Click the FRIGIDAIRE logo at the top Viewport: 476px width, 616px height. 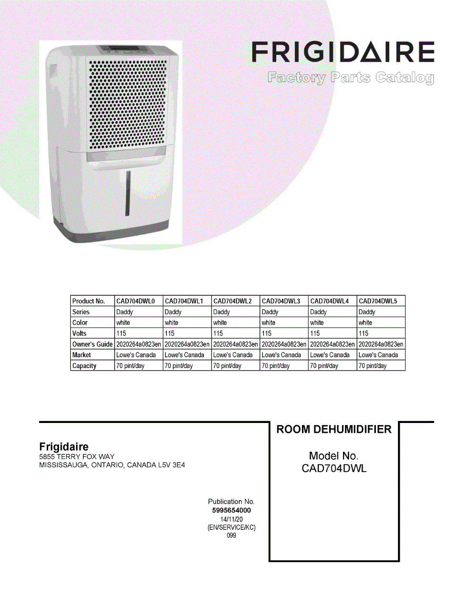pos(342,52)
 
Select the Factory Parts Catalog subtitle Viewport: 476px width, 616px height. pos(350,79)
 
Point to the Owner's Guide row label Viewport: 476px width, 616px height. pos(92,344)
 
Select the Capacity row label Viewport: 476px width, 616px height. pos(84,366)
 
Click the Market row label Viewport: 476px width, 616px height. pos(82,355)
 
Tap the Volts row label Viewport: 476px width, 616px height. pos(80,333)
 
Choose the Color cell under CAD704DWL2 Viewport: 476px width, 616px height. pos(220,323)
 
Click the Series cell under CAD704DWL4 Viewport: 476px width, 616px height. pos(318,312)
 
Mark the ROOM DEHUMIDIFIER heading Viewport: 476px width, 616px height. pos(334,430)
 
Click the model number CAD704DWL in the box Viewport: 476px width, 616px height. pos(334,468)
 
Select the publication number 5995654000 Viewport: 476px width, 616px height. pos(231,511)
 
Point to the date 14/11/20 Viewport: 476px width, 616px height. pos(231,519)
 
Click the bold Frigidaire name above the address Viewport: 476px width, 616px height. pos(64,447)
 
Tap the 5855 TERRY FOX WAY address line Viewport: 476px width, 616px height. pos(77,457)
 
